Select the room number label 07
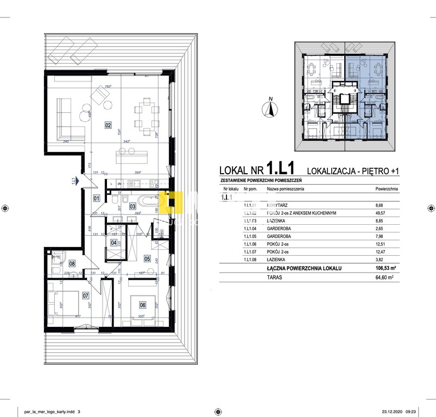pos(85,296)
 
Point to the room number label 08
pos(72,249)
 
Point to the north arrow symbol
pos(268,108)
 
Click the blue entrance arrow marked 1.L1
pos(79,181)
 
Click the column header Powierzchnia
pos(387,189)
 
